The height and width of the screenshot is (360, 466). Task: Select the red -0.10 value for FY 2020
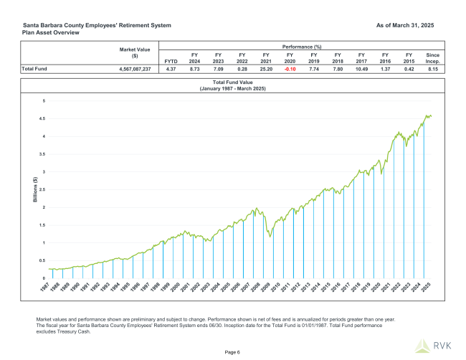(x=289, y=70)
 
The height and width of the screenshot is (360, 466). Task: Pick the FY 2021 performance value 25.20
(x=265, y=70)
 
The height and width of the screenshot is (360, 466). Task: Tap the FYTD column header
(x=171, y=61)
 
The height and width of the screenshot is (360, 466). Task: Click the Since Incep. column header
(x=432, y=57)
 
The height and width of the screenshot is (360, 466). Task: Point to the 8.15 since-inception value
(x=432, y=70)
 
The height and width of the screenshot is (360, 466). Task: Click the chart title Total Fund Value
(x=232, y=83)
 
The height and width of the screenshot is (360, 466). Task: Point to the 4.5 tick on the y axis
(x=43, y=119)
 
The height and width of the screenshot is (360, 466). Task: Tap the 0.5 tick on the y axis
(x=43, y=260)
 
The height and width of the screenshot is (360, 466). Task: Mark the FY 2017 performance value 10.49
(x=361, y=70)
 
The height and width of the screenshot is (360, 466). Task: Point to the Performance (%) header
(x=301, y=46)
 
